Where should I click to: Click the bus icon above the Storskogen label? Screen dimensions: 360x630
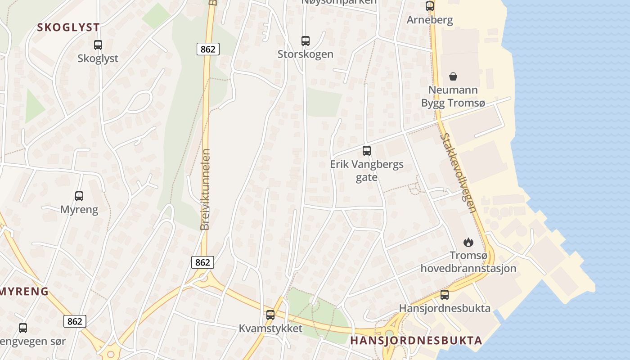306,41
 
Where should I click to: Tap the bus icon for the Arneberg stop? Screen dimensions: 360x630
430,6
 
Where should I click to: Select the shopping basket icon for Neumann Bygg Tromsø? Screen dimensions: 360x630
453,76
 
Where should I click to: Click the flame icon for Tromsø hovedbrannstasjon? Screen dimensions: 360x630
468,242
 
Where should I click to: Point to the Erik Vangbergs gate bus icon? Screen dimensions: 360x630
367,151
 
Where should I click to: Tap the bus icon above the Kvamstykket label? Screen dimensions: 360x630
270,315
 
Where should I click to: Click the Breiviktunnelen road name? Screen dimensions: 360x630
205,189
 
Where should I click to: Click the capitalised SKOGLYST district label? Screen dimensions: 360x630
68,27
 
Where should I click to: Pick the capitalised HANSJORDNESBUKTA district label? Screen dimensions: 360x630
416,340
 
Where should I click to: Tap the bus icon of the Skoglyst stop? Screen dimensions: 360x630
98,45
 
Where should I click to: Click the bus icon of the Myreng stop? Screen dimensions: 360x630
79,196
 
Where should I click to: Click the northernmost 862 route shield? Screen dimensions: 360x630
208,49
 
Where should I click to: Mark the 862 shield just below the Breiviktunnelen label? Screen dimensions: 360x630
202,262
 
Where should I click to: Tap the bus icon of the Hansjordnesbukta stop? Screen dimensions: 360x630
445,295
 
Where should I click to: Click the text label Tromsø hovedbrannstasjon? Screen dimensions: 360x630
468,262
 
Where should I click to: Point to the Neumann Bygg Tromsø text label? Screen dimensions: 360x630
453,96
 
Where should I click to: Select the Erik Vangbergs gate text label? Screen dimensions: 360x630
367,171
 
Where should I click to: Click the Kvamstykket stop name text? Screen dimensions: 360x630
270,328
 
